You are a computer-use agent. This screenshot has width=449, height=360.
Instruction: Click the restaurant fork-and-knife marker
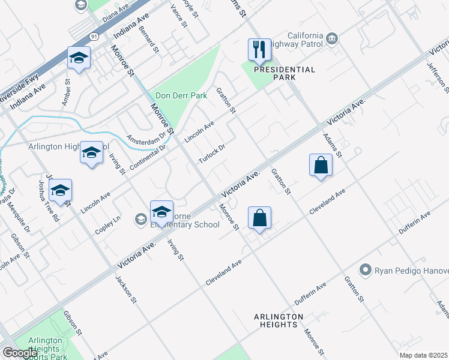(259, 50)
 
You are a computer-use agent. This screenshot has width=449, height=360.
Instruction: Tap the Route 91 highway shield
(94, 37)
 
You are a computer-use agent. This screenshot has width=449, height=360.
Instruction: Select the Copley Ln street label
(108, 226)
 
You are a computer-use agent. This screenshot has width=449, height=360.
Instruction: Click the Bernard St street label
(148, 38)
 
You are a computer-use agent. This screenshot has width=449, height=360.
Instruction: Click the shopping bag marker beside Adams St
(321, 165)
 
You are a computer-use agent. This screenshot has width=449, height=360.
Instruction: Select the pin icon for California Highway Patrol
(332, 40)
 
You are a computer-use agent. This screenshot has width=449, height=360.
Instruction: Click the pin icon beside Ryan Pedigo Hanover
(365, 270)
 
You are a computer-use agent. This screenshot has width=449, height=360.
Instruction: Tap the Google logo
(20, 353)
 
